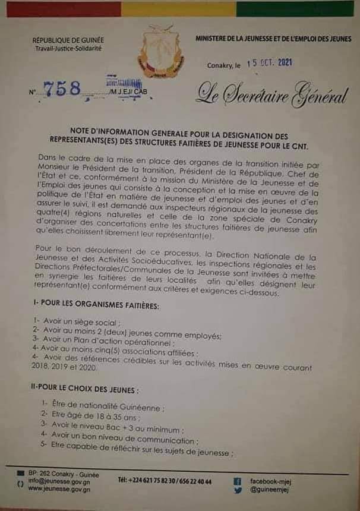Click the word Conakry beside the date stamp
point(220,65)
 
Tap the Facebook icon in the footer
point(237,481)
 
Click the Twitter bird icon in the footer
point(237,491)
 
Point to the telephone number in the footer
point(165,481)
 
